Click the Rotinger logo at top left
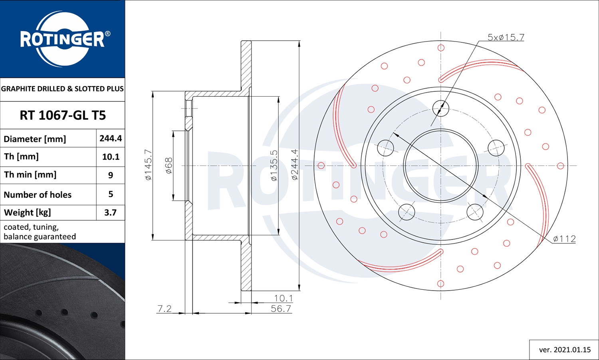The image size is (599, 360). point(63,39)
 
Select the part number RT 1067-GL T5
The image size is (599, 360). point(63,115)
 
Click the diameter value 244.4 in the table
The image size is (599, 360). point(111,138)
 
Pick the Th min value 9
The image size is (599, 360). point(111,175)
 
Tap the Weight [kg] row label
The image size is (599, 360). point(28,212)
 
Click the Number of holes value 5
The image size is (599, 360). point(111,194)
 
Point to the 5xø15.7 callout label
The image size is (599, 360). point(506,37)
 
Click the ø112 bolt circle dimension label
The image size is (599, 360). point(564,239)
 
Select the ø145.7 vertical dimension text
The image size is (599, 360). point(148,165)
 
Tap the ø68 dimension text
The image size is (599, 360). point(169,165)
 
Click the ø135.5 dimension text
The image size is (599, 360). point(274,166)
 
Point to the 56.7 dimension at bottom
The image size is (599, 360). point(281,309)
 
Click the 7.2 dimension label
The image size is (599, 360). point(165,309)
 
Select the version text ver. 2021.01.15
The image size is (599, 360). point(565,350)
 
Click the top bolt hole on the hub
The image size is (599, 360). point(441,108)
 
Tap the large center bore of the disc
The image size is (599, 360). point(441,166)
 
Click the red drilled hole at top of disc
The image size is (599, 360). point(441,48)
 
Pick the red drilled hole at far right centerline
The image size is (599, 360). point(560,166)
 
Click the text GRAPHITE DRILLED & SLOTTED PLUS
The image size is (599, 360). point(62,89)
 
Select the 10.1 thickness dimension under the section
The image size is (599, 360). point(283,298)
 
